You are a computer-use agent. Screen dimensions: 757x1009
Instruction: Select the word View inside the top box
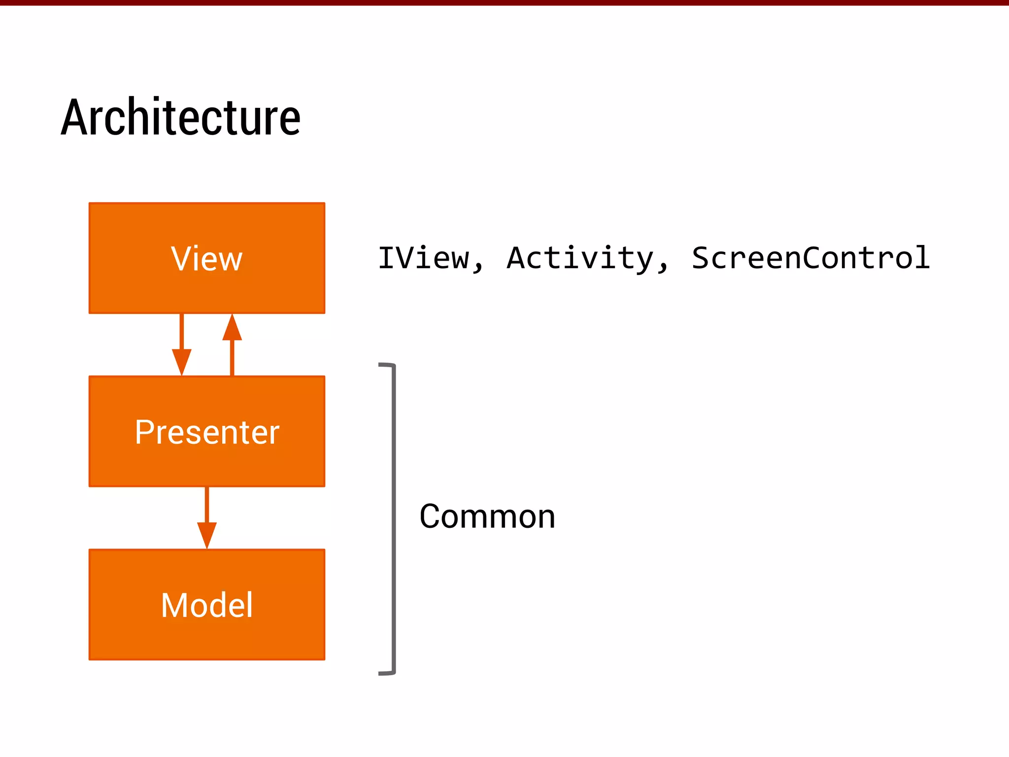coord(207,259)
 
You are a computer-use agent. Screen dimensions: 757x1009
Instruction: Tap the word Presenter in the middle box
coord(207,432)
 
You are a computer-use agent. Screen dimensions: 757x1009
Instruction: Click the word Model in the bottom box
coord(207,605)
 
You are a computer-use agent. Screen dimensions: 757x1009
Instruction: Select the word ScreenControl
coord(810,258)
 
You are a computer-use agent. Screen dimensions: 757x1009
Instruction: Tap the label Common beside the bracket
coord(487,516)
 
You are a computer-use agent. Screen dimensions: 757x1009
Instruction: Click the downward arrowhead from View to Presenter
coord(182,362)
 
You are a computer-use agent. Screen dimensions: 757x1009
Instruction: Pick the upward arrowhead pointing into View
coord(232,328)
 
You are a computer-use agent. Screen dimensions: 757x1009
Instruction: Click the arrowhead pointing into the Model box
coord(207,535)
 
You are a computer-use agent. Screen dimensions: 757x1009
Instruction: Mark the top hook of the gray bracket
coord(386,365)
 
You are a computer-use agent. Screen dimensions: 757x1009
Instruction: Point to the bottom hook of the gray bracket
coord(386,673)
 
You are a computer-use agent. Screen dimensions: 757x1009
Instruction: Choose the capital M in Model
coord(174,605)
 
